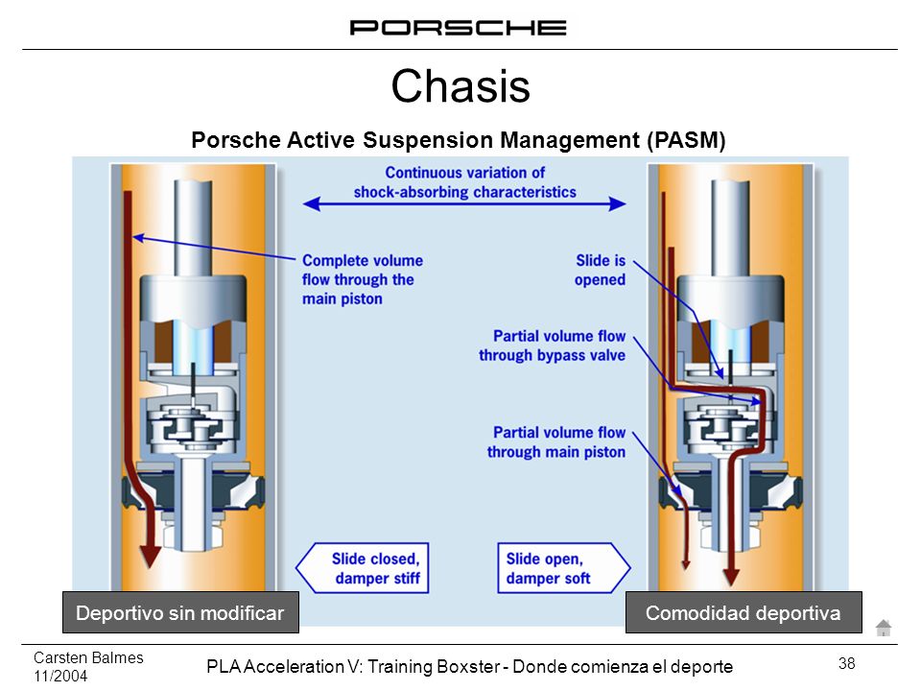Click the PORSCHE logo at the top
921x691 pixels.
click(459, 28)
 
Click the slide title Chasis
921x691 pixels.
click(460, 85)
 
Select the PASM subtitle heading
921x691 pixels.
click(459, 140)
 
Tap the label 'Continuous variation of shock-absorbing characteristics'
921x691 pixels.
click(464, 182)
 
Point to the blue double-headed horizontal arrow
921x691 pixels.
click(464, 203)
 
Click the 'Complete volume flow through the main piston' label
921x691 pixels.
click(363, 279)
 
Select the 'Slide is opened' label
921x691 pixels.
click(600, 270)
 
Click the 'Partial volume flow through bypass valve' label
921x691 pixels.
click(553, 345)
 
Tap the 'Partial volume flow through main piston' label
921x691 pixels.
click(556, 441)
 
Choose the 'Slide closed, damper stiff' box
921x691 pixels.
click(363, 568)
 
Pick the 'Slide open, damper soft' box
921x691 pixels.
click(564, 568)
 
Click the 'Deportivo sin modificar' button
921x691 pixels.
click(180, 612)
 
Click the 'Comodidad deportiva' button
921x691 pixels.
click(744, 612)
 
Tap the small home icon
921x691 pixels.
click(884, 628)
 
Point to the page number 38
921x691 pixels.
click(846, 663)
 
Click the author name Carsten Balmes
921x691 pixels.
click(88, 657)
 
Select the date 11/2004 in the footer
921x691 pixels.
click(60, 676)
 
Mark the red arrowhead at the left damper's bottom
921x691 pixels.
click(151, 557)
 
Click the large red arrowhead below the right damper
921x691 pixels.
click(731, 577)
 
